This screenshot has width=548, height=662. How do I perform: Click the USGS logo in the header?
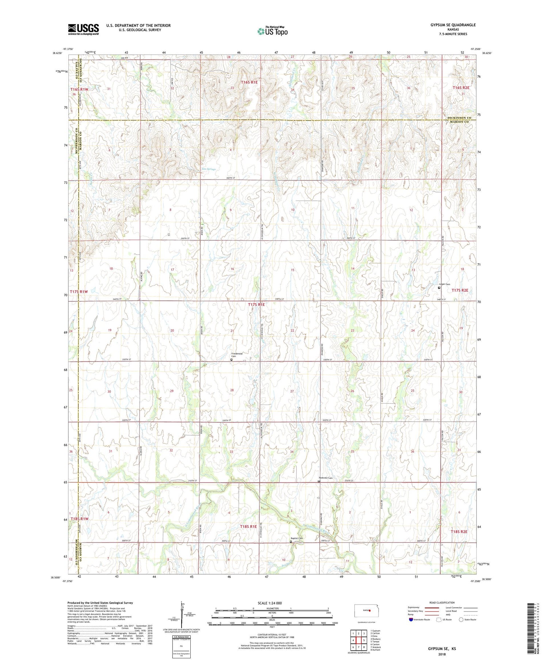[x=83, y=29]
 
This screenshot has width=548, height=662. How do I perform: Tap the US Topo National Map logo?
[x=273, y=31]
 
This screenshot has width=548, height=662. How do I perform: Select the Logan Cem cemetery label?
[x=445, y=284]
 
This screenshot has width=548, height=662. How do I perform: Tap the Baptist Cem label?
[x=297, y=538]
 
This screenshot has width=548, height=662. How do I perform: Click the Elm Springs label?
[x=209, y=169]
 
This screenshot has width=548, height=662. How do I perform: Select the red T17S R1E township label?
[x=256, y=304]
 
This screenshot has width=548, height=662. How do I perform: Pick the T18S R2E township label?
[x=459, y=532]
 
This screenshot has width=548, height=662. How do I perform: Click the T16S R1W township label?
[x=79, y=89]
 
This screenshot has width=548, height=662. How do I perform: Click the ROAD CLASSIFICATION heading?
[x=442, y=602]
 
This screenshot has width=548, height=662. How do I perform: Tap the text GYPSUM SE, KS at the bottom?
[x=442, y=649]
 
